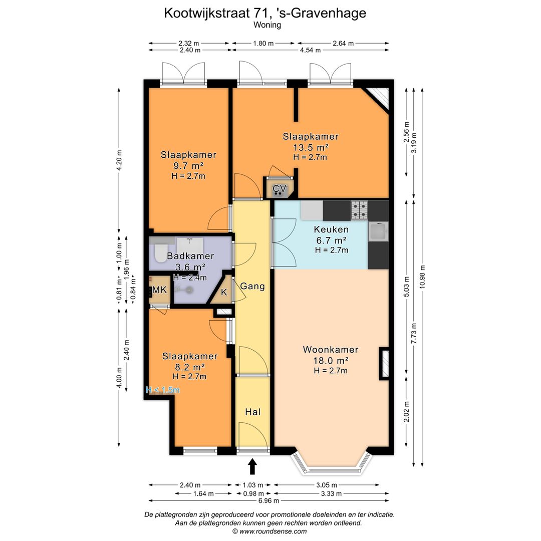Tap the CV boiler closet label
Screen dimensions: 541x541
279,189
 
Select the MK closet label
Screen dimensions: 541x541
159,290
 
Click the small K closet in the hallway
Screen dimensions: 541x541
224,292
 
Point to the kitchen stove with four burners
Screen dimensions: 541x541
359,210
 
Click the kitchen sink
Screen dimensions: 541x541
378,232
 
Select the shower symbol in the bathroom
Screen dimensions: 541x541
186,290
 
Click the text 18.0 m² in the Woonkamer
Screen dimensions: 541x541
331,361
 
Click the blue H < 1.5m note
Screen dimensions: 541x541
162,389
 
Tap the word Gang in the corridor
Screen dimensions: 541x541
252,287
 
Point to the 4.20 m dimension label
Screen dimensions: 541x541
119,160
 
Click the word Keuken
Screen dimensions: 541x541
331,230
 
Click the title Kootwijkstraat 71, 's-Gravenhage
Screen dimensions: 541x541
265,13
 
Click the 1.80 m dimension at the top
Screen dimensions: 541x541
263,43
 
